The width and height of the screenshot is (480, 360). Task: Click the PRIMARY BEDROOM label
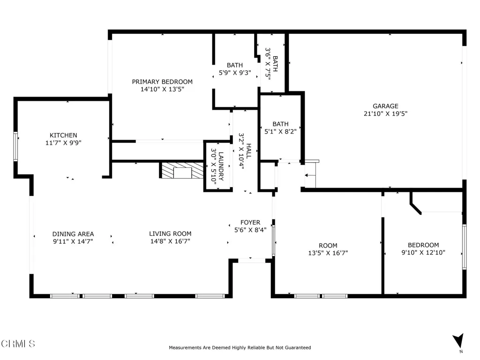click(162, 82)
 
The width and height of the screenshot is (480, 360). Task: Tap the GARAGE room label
click(385, 106)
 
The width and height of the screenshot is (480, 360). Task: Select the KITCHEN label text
click(63, 135)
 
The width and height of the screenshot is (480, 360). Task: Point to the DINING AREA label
click(73, 234)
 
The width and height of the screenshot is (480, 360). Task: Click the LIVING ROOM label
click(170, 234)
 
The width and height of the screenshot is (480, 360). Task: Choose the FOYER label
click(250, 223)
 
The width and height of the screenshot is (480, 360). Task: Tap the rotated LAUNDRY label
click(221, 166)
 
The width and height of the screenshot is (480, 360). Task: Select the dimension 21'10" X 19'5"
click(385, 113)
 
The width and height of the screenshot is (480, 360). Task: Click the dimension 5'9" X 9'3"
click(235, 73)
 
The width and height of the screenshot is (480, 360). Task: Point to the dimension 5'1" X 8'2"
click(280, 132)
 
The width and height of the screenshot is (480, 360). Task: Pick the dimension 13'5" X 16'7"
click(328, 253)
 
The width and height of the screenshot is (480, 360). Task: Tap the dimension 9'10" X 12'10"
click(423, 253)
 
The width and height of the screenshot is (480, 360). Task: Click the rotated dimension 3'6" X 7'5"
click(268, 64)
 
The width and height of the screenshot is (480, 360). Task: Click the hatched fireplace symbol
click(182, 171)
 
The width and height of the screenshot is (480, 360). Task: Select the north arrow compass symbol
click(458, 341)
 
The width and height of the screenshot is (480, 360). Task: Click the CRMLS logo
click(18, 344)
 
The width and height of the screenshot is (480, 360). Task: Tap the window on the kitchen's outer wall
click(15, 146)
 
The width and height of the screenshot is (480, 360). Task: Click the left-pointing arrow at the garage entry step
click(310, 175)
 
